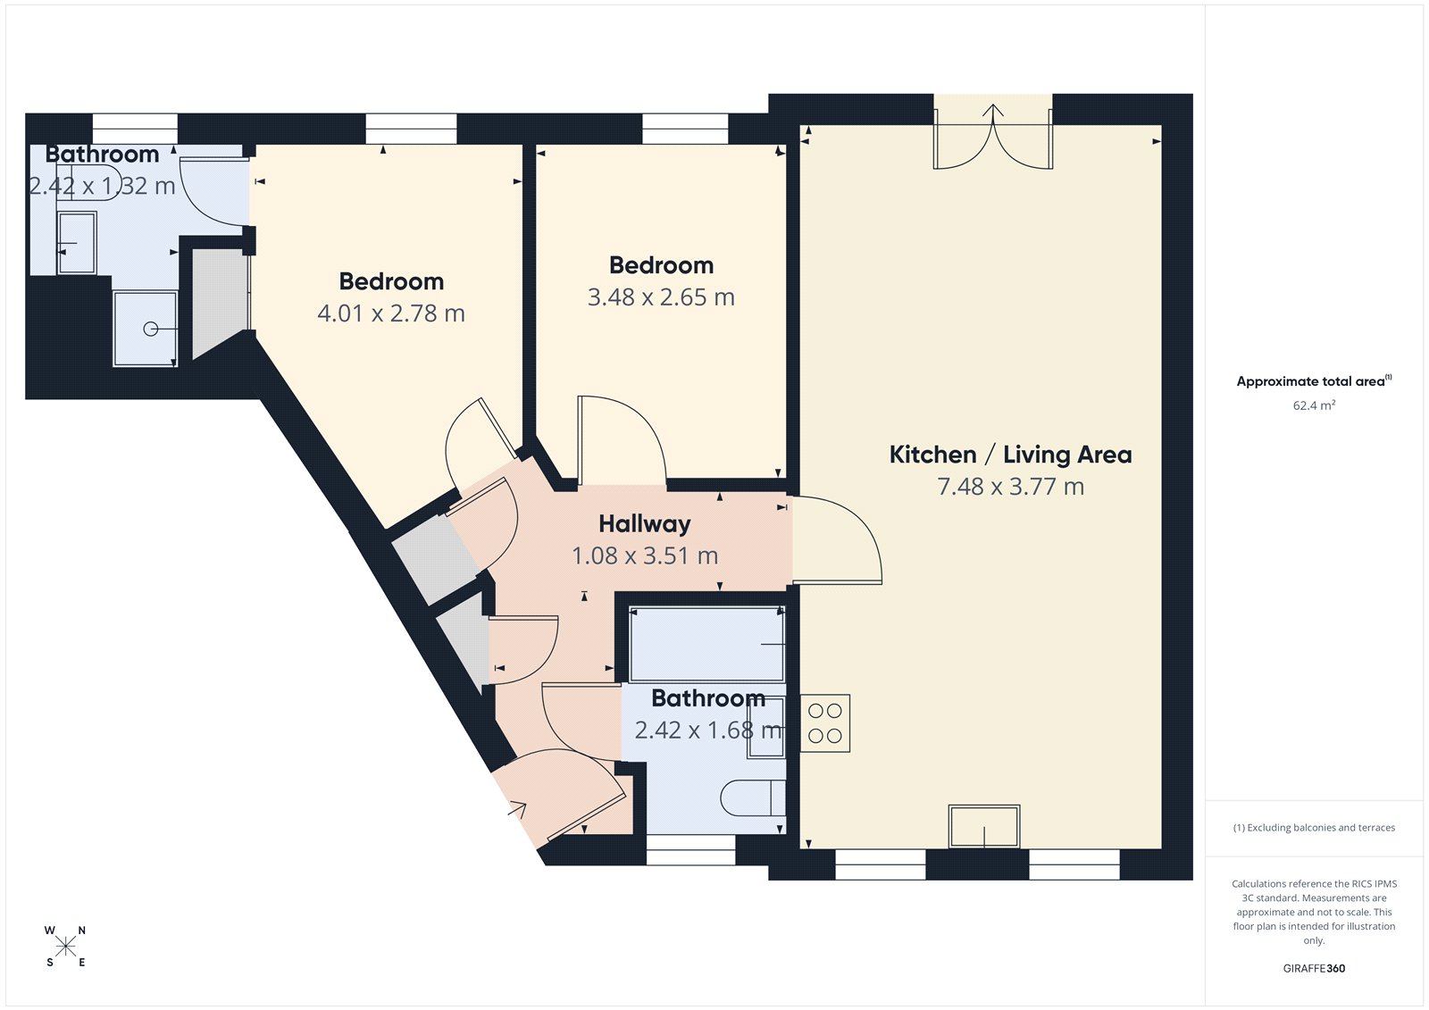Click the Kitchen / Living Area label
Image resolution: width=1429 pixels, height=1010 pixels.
(x=1010, y=455)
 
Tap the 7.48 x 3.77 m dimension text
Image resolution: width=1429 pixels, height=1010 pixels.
(x=1010, y=487)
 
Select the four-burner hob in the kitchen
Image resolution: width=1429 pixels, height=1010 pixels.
(x=825, y=723)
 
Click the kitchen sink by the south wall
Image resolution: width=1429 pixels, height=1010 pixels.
(x=984, y=826)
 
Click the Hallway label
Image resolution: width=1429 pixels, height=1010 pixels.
(x=644, y=523)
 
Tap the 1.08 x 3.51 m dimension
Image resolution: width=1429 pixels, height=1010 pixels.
(x=644, y=555)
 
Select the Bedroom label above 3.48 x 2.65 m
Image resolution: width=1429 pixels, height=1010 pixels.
(x=661, y=265)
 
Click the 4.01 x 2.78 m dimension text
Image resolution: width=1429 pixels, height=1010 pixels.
(x=391, y=313)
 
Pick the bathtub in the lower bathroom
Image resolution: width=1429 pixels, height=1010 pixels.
(x=706, y=644)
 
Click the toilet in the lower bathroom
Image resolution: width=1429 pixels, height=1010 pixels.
(x=752, y=797)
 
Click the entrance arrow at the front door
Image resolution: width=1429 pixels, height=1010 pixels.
(x=516, y=810)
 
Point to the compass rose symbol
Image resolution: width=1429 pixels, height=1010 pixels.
(x=65, y=946)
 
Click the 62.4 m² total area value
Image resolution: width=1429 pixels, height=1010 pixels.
(x=1314, y=405)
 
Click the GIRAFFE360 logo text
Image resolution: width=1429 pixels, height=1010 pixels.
(x=1314, y=968)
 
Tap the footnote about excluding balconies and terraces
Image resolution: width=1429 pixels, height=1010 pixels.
(x=1314, y=828)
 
